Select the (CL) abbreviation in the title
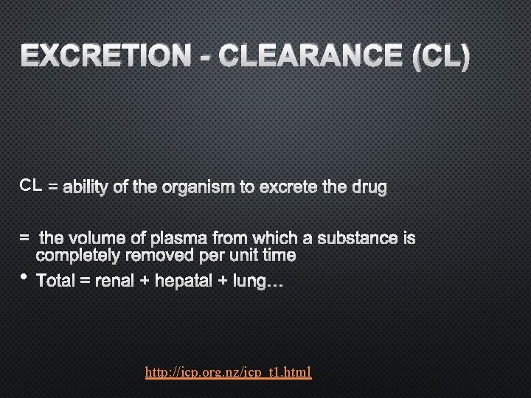pos(439,58)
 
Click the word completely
pos(80,256)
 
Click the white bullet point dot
pos(24,278)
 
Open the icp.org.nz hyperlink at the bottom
pos(229,374)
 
